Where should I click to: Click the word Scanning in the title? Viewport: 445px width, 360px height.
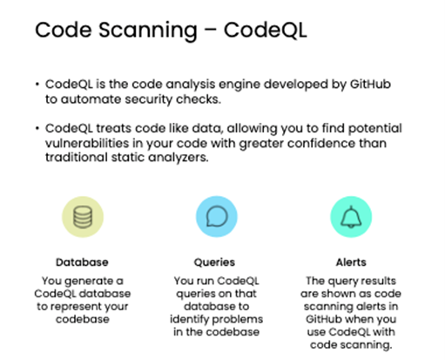[148, 31]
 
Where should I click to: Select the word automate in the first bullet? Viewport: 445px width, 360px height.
[90, 99]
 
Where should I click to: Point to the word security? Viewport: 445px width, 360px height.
[149, 100]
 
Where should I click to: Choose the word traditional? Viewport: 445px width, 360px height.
[77, 157]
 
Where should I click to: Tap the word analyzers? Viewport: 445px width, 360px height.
[179, 158]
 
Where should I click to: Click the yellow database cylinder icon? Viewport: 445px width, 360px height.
[83, 217]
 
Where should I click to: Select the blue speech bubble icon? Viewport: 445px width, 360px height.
[217, 216]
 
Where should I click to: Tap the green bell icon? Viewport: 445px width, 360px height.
[351, 217]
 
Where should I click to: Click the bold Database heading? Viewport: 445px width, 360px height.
[82, 262]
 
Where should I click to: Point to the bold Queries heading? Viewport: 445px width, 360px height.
[214, 262]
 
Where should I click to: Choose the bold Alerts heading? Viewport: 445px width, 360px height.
[351, 262]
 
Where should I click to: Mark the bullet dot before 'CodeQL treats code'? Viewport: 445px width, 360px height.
[37, 128]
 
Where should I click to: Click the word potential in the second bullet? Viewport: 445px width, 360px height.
[374, 129]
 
